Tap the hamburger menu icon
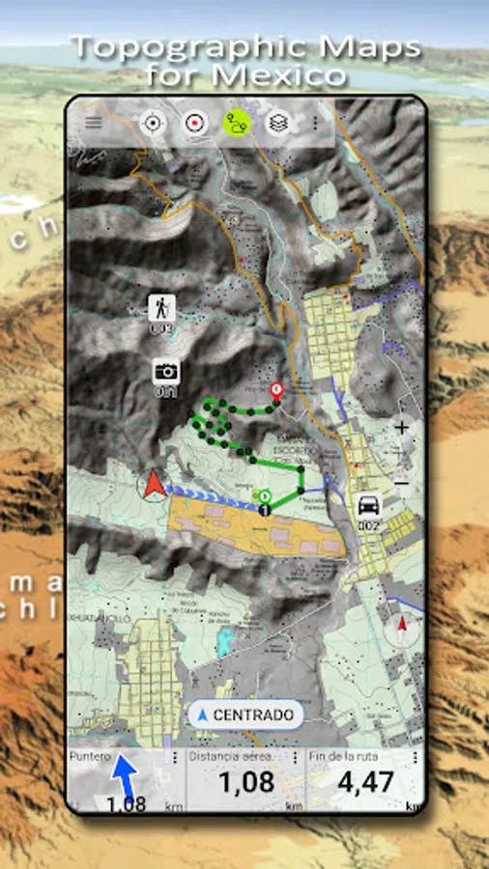tap(93, 123)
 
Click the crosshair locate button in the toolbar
tap(152, 123)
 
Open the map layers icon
tap(277, 124)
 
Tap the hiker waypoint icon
tap(160, 309)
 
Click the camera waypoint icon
tap(166, 372)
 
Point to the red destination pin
tap(276, 391)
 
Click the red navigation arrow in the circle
tap(153, 485)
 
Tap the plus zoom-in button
tap(401, 427)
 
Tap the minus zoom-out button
tap(401, 482)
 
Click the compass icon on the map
tap(399, 631)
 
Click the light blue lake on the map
tap(225, 638)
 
